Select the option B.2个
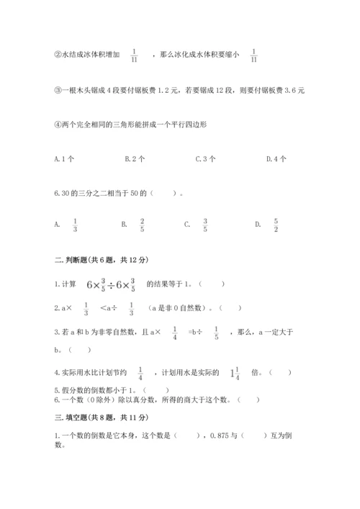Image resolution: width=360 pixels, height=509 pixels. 135,158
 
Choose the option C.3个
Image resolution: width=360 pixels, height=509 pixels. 206,158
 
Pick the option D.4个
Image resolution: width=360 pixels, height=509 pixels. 276,158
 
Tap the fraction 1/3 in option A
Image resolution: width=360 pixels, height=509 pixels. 76,225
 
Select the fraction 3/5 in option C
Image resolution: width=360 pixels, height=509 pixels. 205,225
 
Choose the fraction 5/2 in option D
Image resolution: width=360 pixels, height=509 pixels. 275,225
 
